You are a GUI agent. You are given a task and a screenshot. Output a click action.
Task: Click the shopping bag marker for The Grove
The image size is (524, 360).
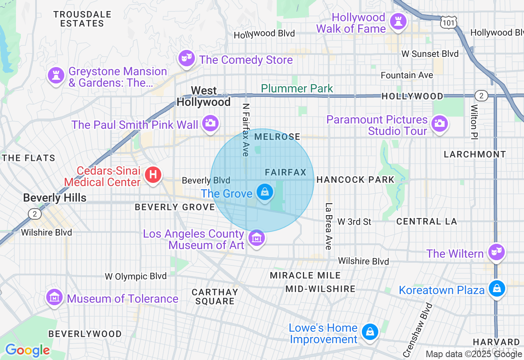pos(265,191)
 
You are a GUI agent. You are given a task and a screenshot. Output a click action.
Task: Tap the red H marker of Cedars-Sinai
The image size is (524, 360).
pos(153,175)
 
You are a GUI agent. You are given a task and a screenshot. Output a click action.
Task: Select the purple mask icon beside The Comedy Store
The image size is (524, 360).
pos(187,58)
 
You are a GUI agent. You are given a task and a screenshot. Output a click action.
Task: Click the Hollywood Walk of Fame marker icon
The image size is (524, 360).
pos(397,21)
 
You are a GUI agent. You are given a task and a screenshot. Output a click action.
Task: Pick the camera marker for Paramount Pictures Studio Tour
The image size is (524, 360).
pos(439,123)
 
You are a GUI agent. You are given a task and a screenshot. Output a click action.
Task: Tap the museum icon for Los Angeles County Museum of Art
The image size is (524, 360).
pos(256,237)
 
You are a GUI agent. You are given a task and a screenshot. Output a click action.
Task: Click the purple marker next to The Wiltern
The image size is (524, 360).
pos(497,252)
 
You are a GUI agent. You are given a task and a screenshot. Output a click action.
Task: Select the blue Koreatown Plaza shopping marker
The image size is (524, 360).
pos(497,288)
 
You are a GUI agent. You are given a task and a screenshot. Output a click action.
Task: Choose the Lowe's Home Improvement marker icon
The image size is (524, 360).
pos(370,332)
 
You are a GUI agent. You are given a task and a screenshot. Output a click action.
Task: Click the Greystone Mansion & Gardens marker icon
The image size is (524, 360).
pos(56,75)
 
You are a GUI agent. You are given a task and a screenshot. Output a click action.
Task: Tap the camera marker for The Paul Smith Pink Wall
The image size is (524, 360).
pos(210,123)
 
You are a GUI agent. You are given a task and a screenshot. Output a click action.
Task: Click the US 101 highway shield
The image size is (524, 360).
pos(448,23)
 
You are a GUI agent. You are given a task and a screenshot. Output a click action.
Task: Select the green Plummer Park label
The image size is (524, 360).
pos(297,88)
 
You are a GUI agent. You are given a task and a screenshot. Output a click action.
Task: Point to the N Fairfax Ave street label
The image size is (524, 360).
pos(246,129)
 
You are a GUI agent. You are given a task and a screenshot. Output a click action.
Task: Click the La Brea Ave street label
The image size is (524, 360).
pos(328,226)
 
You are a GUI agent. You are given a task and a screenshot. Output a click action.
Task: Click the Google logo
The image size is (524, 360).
pos(27,350)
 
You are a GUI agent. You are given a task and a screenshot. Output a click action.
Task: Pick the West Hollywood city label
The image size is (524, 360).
pos(203,96)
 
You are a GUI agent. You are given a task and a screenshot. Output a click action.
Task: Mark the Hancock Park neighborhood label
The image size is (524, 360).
pos(355,180)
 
